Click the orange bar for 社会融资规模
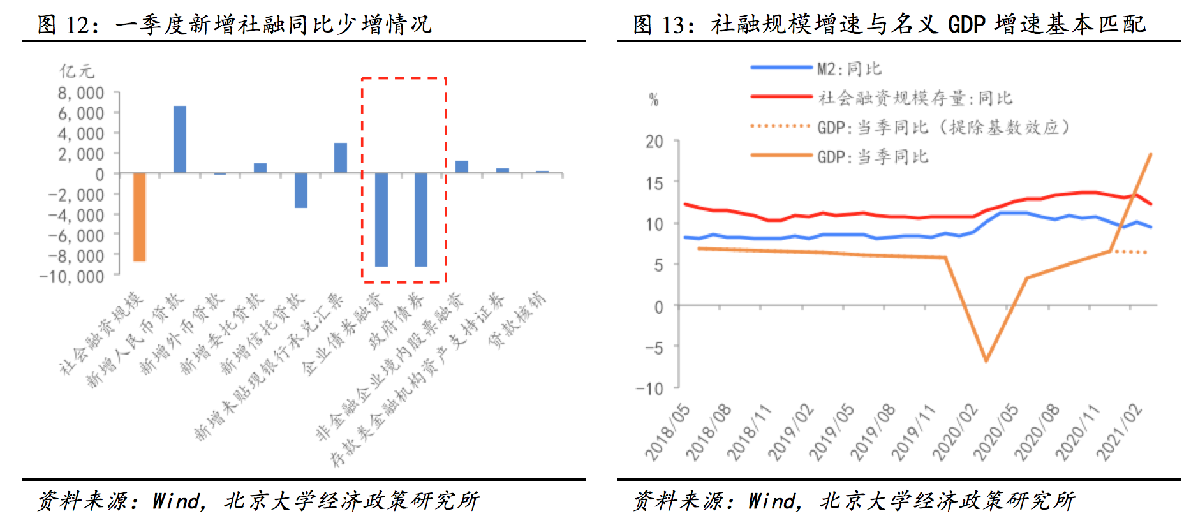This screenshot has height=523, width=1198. [x=139, y=217]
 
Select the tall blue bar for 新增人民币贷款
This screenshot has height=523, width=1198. [x=180, y=139]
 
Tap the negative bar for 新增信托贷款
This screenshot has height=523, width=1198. [x=300, y=190]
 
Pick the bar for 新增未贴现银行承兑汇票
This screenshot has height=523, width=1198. [x=341, y=158]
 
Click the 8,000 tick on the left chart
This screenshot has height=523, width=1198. [x=80, y=93]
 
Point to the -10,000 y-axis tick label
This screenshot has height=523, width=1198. [x=71, y=277]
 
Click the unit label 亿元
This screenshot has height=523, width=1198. [x=77, y=71]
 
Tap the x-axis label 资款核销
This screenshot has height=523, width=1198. [x=517, y=321]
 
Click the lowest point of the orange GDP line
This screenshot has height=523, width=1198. [x=986, y=361]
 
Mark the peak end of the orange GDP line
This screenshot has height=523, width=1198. [x=1150, y=154]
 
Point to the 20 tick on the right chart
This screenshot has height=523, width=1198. [x=654, y=142]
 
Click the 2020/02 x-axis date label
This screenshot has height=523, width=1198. [x=954, y=432]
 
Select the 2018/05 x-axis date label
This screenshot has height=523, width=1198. [x=667, y=432]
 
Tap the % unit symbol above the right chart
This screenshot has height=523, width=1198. [x=654, y=99]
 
